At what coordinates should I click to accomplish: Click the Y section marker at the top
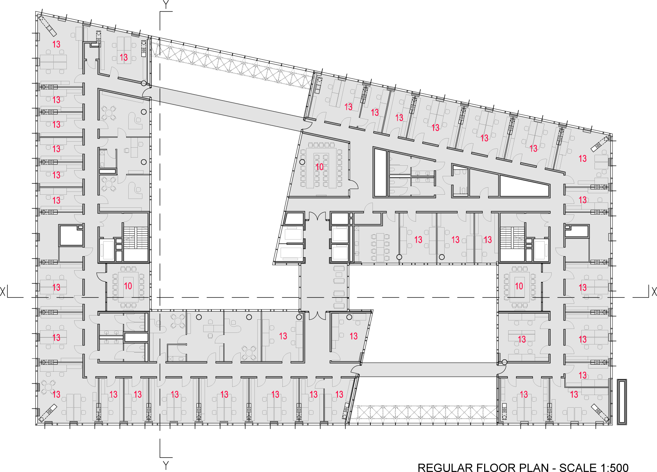click(x=165, y=5)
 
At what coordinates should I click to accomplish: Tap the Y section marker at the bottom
click(x=165, y=465)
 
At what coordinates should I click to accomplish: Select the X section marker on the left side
click(x=3, y=292)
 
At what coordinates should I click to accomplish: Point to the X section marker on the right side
click(x=654, y=292)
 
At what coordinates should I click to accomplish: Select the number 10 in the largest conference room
click(x=319, y=167)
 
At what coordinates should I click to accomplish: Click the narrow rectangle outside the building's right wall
click(x=622, y=402)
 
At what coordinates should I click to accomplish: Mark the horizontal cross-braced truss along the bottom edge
click(x=423, y=413)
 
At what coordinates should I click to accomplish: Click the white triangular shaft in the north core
click(x=524, y=187)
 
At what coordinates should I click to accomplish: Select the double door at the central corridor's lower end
click(x=317, y=315)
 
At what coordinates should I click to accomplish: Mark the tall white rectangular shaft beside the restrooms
click(x=380, y=172)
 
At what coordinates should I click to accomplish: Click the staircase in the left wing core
click(x=136, y=238)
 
